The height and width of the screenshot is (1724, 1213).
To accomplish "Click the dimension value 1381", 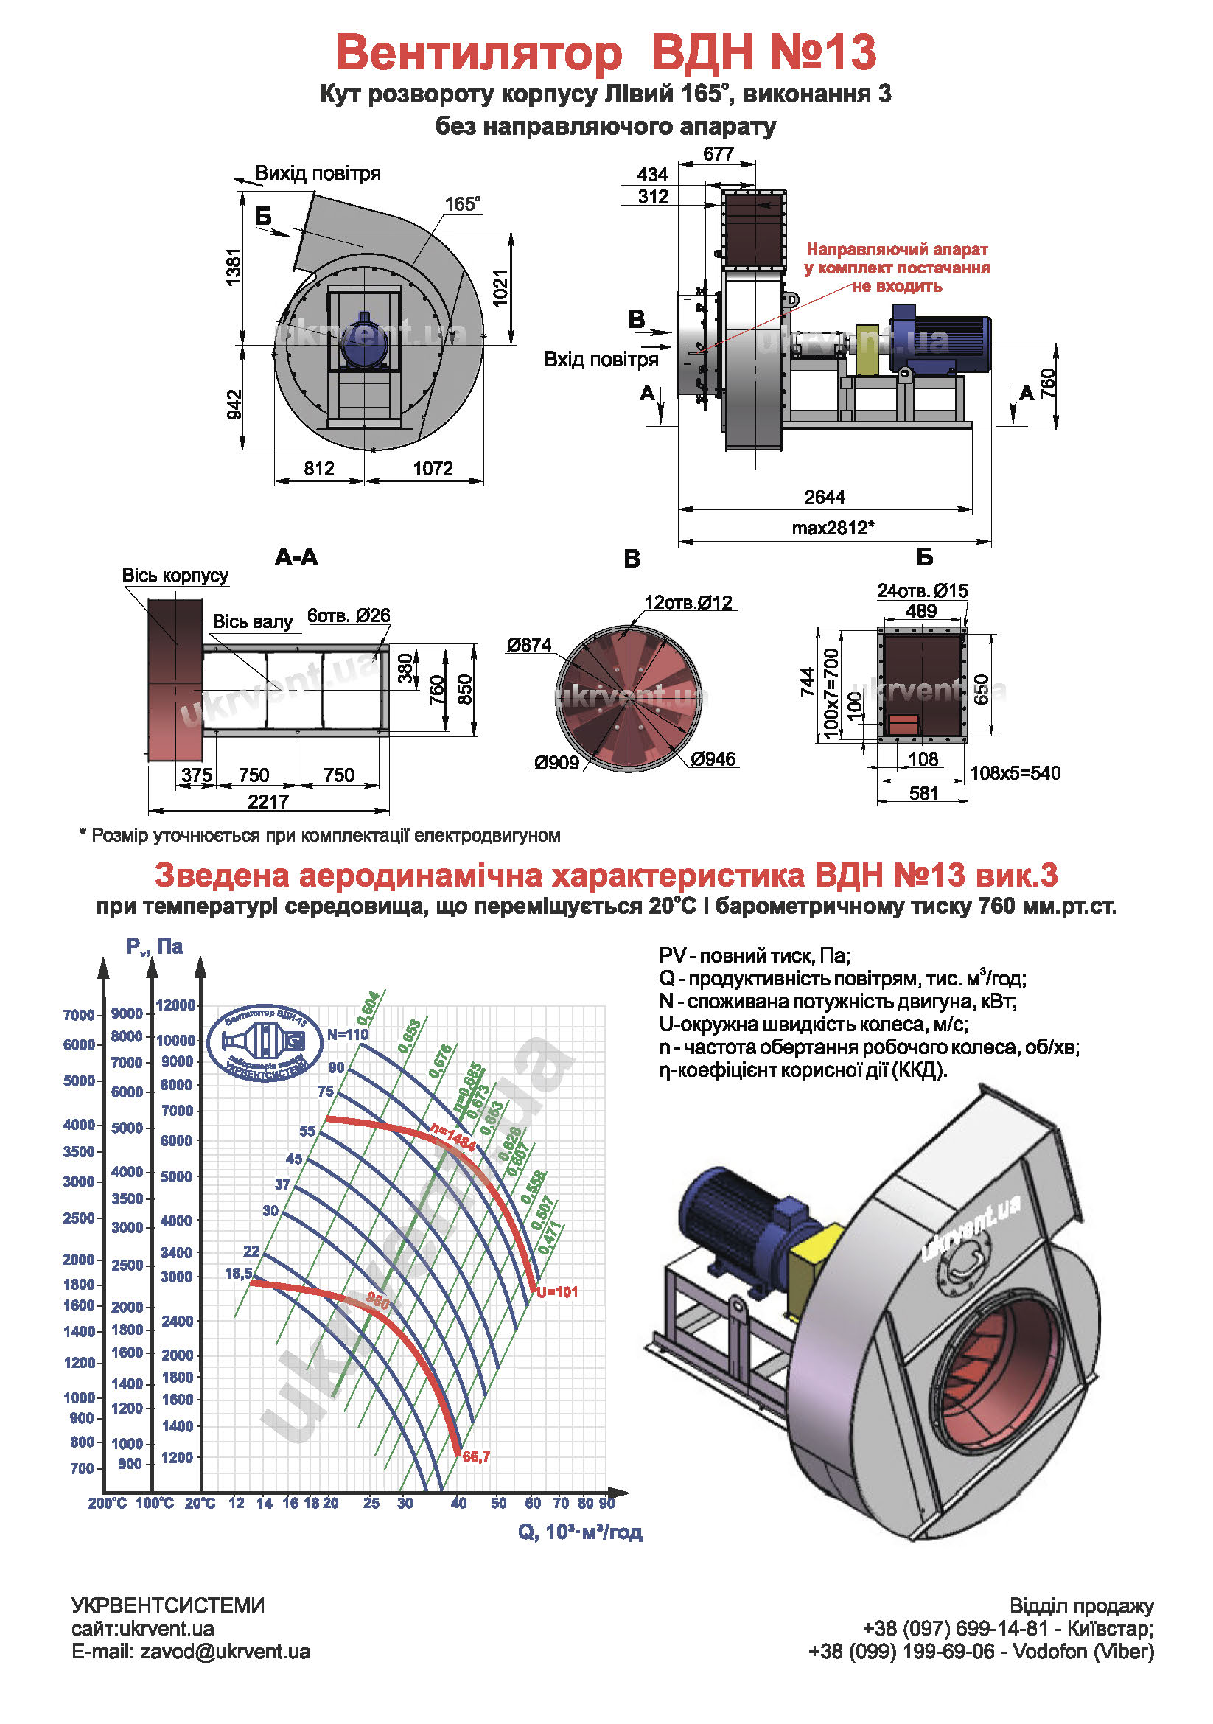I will coord(234,267).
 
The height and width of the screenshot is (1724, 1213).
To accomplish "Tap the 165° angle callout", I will coord(461,204).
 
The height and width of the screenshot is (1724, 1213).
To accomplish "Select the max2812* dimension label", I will coord(833,527).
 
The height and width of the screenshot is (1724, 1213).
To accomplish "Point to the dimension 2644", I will coord(824,497).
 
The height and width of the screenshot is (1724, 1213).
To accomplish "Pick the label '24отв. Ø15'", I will coord(922,590).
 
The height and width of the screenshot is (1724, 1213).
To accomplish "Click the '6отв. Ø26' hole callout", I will coord(349,615).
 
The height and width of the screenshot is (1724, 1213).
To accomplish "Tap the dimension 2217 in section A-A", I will coord(268,801).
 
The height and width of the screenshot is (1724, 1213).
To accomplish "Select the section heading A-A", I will coord(296,556).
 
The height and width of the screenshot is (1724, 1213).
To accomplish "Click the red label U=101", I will coord(557,1291).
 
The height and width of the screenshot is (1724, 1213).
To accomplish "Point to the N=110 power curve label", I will coord(347,1034).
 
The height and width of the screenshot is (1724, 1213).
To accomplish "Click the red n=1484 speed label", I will coord(452,1137).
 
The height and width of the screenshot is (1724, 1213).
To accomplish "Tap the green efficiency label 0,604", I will coord(369,1008).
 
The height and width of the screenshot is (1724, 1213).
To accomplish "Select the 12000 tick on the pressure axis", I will coord(175,1005).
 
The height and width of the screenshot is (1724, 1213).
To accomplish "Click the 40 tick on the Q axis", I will coord(458,1502).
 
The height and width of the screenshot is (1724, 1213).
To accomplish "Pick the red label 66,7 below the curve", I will coord(476,1456).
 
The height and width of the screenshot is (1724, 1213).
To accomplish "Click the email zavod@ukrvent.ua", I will coord(225,1652).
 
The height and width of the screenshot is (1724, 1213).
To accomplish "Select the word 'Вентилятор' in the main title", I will coord(478,52).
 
